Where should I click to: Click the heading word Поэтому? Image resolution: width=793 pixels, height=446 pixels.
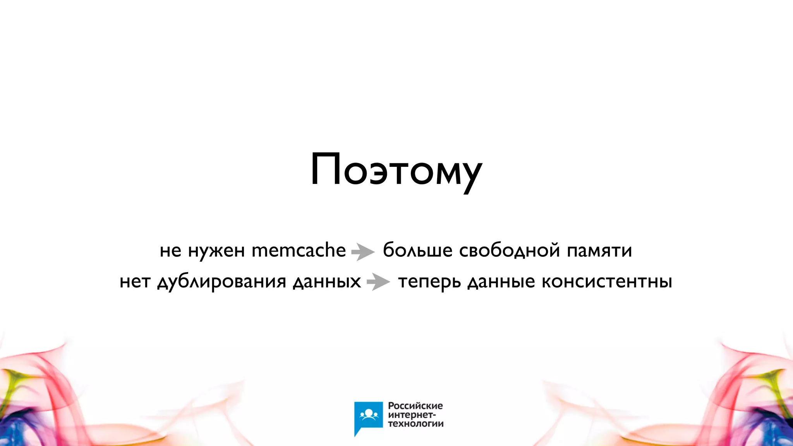click(396, 171)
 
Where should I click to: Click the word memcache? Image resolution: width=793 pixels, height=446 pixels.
click(299, 250)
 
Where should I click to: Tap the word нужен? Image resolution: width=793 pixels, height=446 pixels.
click(216, 251)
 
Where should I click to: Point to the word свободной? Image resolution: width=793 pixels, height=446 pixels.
click(509, 250)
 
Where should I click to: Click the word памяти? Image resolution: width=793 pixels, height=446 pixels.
click(599, 251)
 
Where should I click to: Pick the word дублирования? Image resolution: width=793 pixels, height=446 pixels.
click(221, 282)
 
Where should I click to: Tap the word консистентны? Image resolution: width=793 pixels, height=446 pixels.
click(607, 282)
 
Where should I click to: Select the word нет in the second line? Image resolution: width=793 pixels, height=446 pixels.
click(135, 282)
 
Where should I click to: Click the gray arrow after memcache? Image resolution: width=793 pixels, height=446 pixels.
click(363, 252)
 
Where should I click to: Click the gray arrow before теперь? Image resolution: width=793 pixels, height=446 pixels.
click(378, 282)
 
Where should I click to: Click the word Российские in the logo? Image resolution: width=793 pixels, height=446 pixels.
click(415, 406)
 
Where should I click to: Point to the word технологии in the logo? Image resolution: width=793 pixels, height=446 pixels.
click(415, 424)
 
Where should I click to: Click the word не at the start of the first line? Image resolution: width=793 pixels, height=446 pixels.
click(170, 251)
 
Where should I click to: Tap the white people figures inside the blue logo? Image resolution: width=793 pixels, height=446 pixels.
click(368, 415)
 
